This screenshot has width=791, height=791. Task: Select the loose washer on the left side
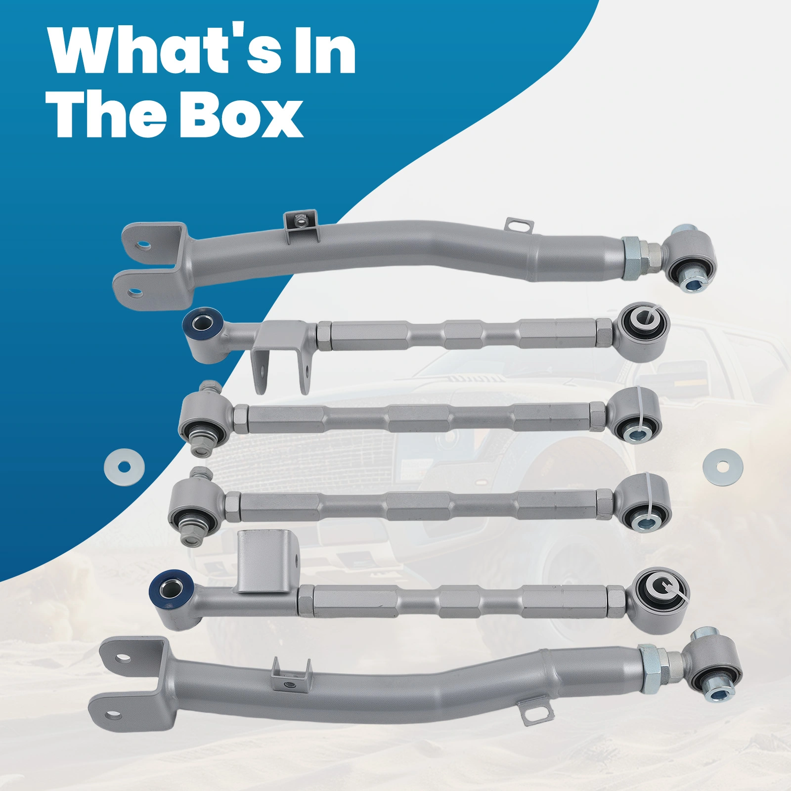point(125,466)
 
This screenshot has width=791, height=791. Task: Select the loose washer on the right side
point(722,466)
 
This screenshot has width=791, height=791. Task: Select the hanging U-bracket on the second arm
point(282,361)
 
